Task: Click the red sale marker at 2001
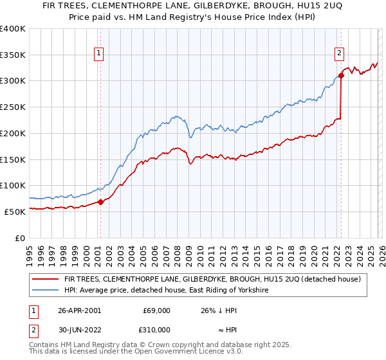[x=100, y=201]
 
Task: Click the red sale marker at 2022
[x=341, y=75]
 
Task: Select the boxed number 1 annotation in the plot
[x=100, y=54]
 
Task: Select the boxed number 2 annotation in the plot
[x=339, y=54]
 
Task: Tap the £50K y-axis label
[x=15, y=212]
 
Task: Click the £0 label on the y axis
[x=21, y=238]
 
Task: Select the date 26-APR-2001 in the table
[x=79, y=310]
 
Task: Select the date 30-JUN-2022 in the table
[x=79, y=329]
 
